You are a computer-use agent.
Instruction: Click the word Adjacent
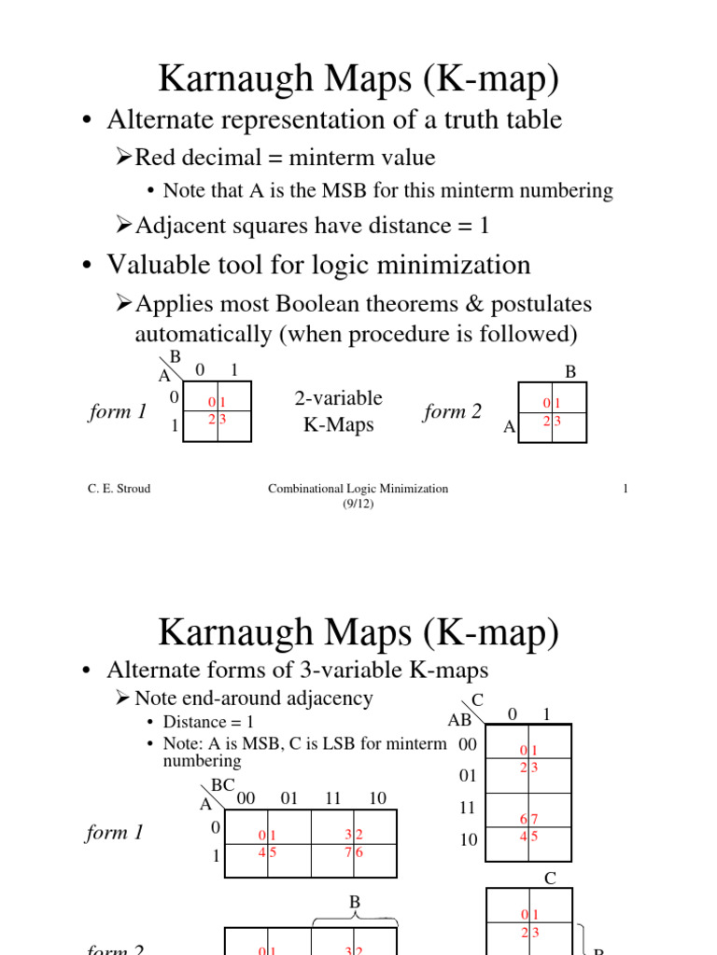pos(185,225)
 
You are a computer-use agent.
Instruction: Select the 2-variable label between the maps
pos(338,398)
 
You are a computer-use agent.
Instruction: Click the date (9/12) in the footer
pos(358,504)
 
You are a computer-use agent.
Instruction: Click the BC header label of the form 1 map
pos(223,786)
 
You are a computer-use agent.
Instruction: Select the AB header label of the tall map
pos(460,720)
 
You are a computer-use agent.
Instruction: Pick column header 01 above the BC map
pos(288,798)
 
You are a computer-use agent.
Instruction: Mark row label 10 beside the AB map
pos(468,839)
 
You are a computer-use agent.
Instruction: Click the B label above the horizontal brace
pos(355,902)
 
